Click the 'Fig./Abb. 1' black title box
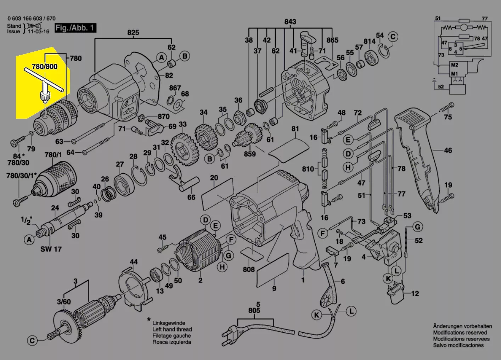pyautogui.click(x=75, y=28)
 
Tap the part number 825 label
pyautogui.click(x=133, y=33)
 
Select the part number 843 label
pyautogui.click(x=290, y=22)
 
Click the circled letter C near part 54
pyautogui.click(x=393, y=36)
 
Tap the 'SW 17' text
pyautogui.click(x=51, y=249)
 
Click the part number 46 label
pyautogui.click(x=448, y=150)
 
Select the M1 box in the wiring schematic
pyautogui.click(x=454, y=74)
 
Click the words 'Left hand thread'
pyautogui.click(x=172, y=329)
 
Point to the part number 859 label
pyautogui.click(x=250, y=154)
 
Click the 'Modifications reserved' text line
pyautogui.click(x=460, y=332)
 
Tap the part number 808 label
pyautogui.click(x=249, y=269)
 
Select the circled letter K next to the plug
pyautogui.click(x=316, y=315)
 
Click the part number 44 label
pyautogui.click(x=133, y=262)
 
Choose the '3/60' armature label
pyautogui.click(x=64, y=302)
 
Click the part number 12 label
pyautogui.click(x=415, y=293)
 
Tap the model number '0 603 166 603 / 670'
pyautogui.click(x=31, y=18)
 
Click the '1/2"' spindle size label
pyautogui.click(x=26, y=220)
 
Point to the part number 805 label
pyautogui.click(x=254, y=310)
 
